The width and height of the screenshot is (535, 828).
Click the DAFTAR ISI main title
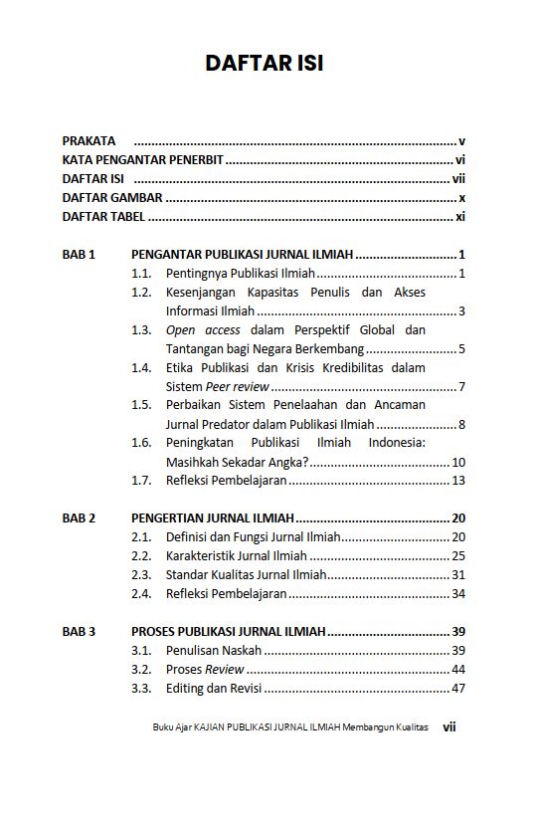[x=265, y=63]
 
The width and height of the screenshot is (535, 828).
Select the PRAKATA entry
[x=89, y=141]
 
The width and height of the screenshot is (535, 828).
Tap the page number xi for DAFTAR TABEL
[x=460, y=217]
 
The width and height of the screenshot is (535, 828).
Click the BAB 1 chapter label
[x=79, y=255]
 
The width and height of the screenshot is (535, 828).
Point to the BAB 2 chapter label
[x=79, y=518]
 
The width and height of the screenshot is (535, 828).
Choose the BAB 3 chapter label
[x=79, y=631]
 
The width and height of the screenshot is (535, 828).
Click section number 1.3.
[x=141, y=330]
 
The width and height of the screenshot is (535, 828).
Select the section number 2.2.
[x=141, y=556]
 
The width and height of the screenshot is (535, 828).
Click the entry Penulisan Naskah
[x=214, y=650]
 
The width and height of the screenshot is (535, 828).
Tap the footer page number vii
[x=449, y=727]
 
